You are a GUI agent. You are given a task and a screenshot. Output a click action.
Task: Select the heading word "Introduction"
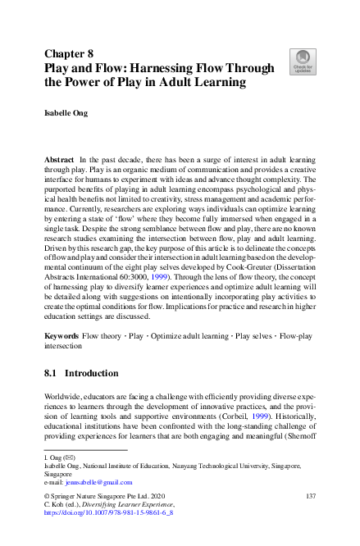(x=93, y=374)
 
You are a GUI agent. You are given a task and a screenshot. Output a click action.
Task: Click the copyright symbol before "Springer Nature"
(x=46, y=497)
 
